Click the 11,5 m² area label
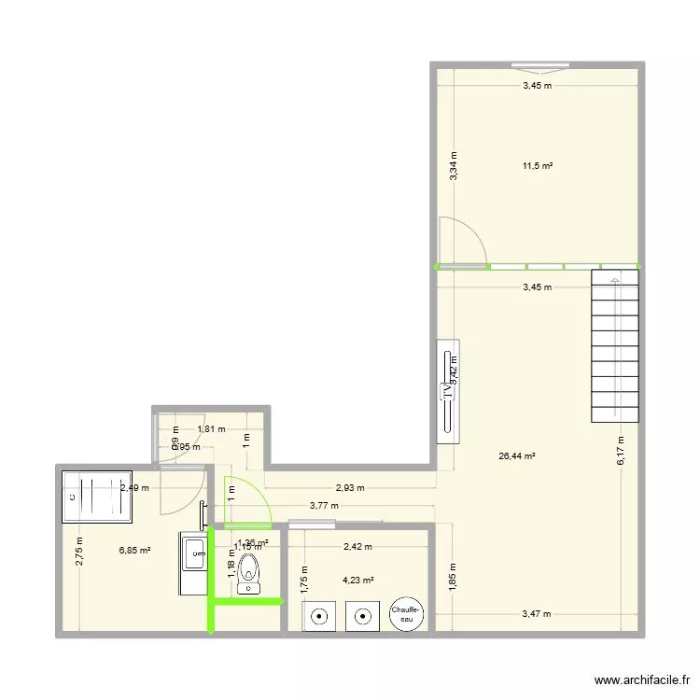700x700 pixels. click(537, 166)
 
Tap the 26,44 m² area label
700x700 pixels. click(516, 456)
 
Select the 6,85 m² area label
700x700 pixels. click(134, 551)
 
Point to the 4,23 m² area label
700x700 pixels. click(357, 580)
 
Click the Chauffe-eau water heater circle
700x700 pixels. click(407, 612)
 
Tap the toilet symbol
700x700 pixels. click(249, 573)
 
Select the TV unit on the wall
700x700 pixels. click(447, 391)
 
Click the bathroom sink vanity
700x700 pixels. click(195, 564)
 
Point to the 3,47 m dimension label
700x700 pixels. click(536, 614)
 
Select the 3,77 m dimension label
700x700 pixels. click(325, 507)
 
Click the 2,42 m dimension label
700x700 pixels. click(357, 547)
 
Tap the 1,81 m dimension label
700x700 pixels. click(210, 429)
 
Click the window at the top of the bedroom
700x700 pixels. click(540, 67)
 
